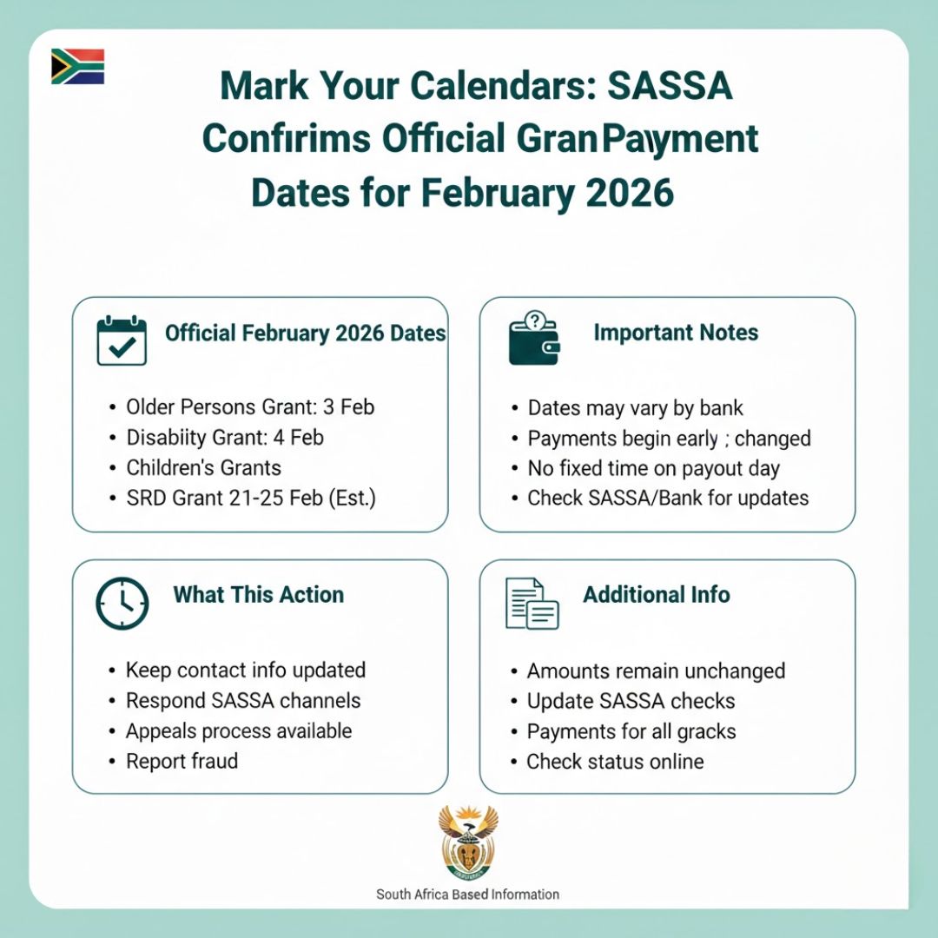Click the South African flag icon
[77, 67]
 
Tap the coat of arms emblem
[468, 842]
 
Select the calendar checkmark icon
[122, 340]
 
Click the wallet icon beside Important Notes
[534, 338]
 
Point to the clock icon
[122, 602]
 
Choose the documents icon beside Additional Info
[532, 603]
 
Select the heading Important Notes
[676, 333]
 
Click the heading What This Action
[258, 595]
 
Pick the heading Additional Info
[656, 595]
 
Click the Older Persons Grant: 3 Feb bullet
[250, 407]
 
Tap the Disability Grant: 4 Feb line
[225, 438]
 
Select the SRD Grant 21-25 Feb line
[251, 499]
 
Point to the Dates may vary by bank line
[636, 408]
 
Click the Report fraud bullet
[182, 762]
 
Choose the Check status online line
[615, 762]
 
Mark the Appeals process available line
[239, 731]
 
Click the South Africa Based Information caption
[467, 894]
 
